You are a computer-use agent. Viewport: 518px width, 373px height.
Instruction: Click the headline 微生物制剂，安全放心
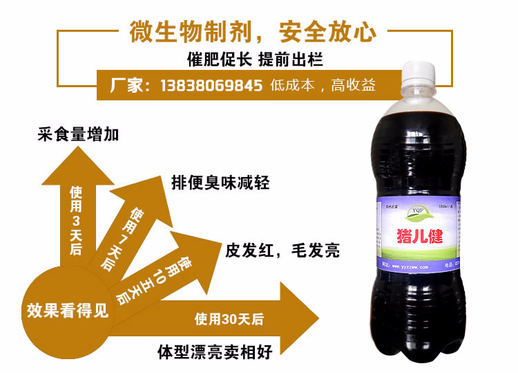click(x=252, y=30)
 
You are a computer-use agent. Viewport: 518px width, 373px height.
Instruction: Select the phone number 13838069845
click(x=211, y=86)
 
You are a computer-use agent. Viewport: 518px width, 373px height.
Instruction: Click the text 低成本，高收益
click(x=323, y=86)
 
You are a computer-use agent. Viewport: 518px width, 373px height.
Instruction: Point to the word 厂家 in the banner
click(x=128, y=86)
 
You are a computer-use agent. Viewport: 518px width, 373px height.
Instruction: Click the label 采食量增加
click(x=78, y=134)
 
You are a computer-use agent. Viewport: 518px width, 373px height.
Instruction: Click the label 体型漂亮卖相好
click(x=213, y=351)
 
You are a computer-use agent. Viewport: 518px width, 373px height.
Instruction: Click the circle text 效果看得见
click(x=68, y=309)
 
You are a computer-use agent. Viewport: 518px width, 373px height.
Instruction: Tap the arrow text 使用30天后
click(x=229, y=319)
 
